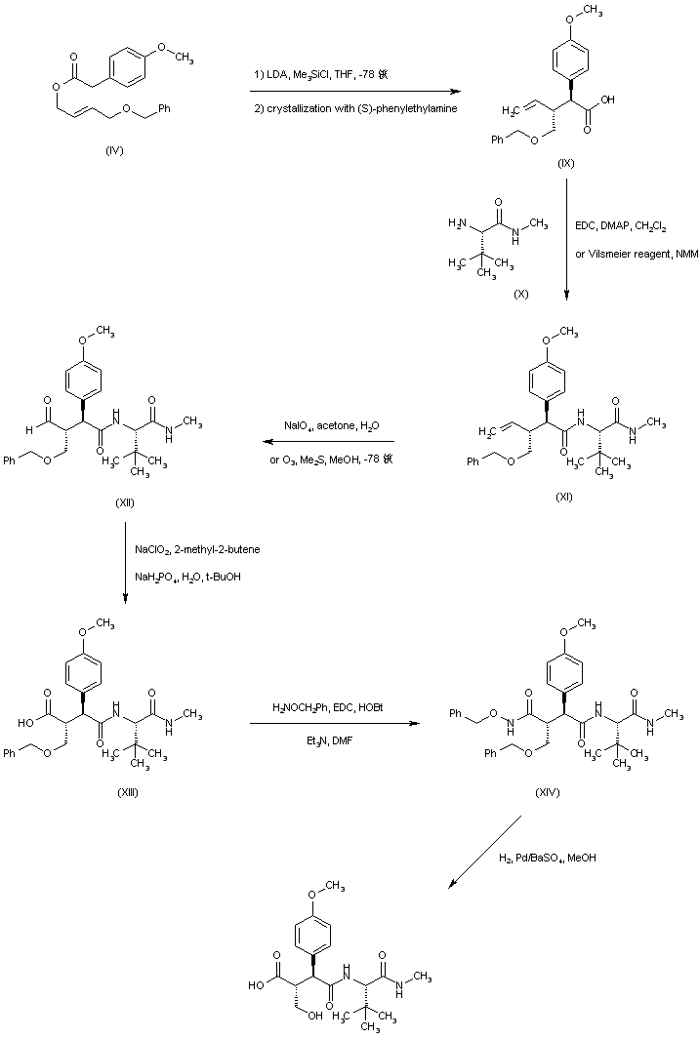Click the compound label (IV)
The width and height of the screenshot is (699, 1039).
tap(113, 151)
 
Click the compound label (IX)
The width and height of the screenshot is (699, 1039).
tap(565, 163)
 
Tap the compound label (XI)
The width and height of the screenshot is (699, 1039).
tap(563, 496)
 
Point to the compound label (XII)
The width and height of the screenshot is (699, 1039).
tap(124, 502)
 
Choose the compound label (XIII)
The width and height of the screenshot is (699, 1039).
tap(126, 792)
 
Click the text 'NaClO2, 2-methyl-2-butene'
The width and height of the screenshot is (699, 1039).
tap(197, 550)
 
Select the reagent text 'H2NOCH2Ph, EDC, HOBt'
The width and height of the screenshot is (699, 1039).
tap(329, 705)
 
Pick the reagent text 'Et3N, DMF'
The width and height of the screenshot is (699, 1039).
tap(328, 739)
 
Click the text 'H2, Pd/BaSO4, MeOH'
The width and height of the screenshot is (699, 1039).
tap(554, 858)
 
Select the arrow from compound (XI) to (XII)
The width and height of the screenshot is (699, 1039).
tap(327, 442)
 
